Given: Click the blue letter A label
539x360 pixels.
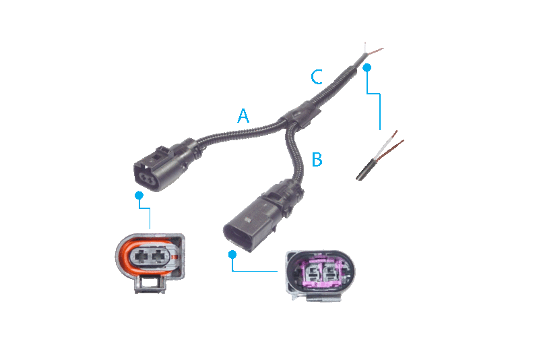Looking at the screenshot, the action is click(243, 115).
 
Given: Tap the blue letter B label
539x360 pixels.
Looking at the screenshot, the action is click(317, 159).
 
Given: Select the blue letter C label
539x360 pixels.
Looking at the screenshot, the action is click(317, 77).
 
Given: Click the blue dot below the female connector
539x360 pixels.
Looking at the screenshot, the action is click(139, 196).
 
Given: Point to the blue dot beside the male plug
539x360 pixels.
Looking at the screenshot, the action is click(232, 254).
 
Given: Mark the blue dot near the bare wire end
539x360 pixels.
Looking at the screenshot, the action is click(367, 67).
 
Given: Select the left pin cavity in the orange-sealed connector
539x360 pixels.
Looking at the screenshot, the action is click(141, 256).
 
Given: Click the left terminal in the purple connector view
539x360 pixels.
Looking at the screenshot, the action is click(313, 273).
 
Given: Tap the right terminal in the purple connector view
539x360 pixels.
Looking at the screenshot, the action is click(330, 273).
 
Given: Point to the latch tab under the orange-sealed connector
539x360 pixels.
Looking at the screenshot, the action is click(150, 284).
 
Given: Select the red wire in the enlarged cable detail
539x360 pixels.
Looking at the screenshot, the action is click(391, 150).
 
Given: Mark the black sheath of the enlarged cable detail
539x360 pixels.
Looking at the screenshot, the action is click(367, 169).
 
